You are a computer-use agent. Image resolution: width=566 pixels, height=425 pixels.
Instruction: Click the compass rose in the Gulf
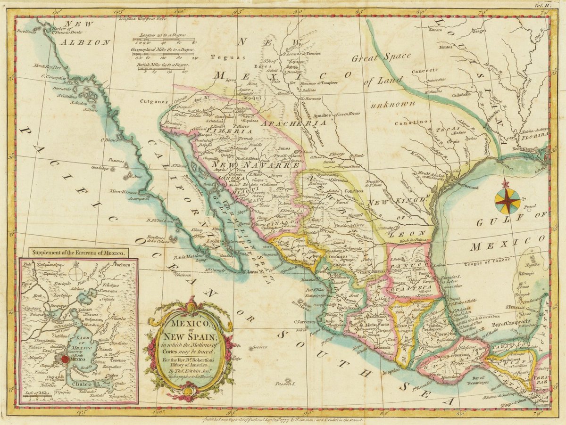pyautogui.click(x=507, y=200)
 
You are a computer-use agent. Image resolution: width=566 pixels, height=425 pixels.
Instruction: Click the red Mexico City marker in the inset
pyautogui.click(x=65, y=359)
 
